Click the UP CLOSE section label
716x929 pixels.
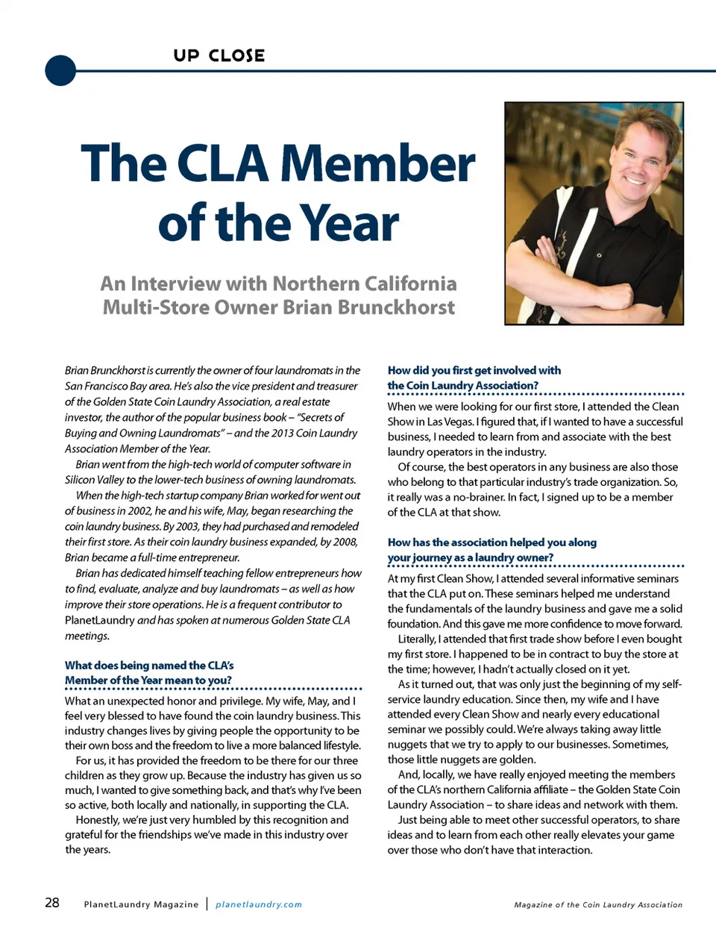(x=219, y=56)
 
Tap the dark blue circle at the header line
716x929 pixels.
(x=60, y=71)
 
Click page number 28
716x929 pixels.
(x=52, y=903)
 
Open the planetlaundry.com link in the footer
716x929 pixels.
(x=259, y=904)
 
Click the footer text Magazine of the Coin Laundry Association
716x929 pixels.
(x=598, y=904)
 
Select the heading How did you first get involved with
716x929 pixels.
(x=474, y=370)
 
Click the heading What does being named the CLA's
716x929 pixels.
(x=149, y=665)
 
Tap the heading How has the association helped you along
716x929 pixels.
(x=492, y=542)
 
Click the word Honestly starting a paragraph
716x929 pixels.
(x=98, y=819)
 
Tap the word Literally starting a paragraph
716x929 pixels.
(x=416, y=639)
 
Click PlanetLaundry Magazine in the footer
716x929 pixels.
(x=141, y=904)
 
